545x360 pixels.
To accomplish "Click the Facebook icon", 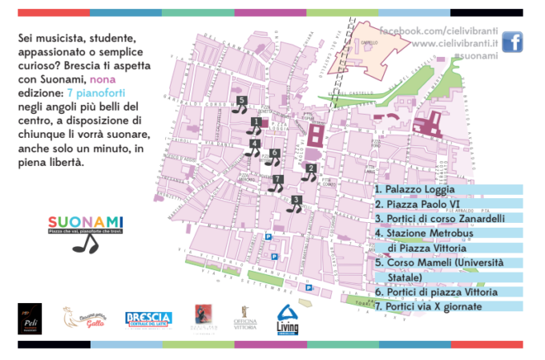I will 512,42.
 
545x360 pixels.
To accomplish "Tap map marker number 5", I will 240,105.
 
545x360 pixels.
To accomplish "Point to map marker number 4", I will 254,148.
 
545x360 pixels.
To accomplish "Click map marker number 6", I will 274,156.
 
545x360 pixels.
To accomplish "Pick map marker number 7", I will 277,183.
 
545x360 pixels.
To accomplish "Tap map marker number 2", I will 310,172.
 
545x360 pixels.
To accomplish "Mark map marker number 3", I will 296,204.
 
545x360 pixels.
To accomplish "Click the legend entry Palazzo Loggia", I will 415,190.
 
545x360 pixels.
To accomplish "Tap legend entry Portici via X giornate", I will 434,306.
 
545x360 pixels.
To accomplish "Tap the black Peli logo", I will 30,318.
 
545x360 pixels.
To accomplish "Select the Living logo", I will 288,319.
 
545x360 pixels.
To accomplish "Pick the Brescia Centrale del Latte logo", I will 148,319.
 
